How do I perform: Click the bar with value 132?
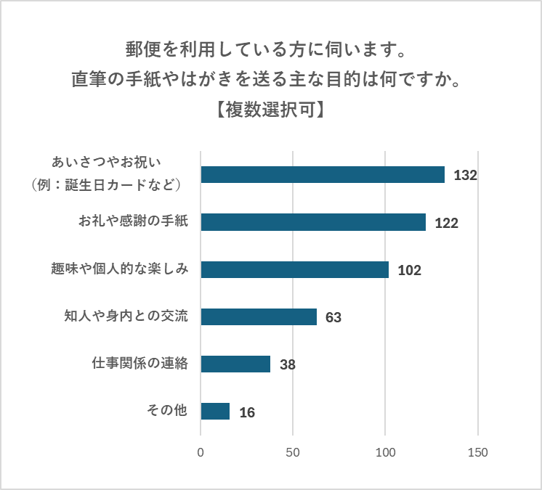322,174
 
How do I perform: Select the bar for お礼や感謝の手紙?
313,222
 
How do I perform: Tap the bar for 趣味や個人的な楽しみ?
294,269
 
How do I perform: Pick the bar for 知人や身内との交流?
259,317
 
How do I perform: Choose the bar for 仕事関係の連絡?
235,364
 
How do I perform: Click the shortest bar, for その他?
215,411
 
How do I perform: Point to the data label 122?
446,223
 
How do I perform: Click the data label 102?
410,270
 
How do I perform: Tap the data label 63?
333,317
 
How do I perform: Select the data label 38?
287,364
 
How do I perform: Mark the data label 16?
247,412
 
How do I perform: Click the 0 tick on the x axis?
201,452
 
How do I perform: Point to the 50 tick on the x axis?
293,452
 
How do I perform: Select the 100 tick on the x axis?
385,452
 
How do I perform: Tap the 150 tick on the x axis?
477,452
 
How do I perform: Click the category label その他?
167,411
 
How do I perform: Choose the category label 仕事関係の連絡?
140,364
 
